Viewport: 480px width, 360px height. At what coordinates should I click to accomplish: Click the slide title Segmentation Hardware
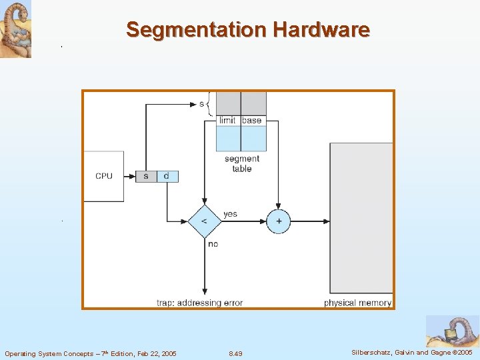point(247,30)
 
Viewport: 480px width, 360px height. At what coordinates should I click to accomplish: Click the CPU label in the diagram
point(104,176)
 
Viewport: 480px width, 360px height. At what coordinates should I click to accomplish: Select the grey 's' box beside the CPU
point(146,176)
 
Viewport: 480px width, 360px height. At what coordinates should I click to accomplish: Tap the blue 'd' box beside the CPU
point(167,176)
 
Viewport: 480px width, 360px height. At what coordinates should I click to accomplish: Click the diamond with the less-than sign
point(204,221)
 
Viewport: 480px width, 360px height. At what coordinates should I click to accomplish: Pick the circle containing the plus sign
point(278,221)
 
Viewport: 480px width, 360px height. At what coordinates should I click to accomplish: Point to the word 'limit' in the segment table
point(227,121)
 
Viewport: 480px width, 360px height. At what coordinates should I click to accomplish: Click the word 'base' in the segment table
point(252,121)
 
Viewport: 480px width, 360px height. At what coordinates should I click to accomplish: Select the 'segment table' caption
point(241,164)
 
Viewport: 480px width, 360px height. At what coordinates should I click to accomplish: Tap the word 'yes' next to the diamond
point(230,214)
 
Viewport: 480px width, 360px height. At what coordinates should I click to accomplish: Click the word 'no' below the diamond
point(213,244)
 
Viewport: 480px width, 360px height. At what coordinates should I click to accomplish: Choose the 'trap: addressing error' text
point(199,303)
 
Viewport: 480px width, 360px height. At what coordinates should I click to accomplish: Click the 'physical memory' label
point(357,303)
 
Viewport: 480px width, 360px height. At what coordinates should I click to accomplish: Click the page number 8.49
point(235,353)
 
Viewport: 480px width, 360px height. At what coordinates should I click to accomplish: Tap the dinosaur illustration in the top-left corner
point(15,29)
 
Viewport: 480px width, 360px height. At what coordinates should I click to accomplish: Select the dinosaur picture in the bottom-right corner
point(451,331)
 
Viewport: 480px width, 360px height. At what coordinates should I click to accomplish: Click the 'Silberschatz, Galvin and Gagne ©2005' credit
point(411,353)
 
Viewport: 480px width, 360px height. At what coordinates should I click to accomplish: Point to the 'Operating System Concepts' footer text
point(91,353)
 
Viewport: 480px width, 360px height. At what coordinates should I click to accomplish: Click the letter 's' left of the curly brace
point(201,103)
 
